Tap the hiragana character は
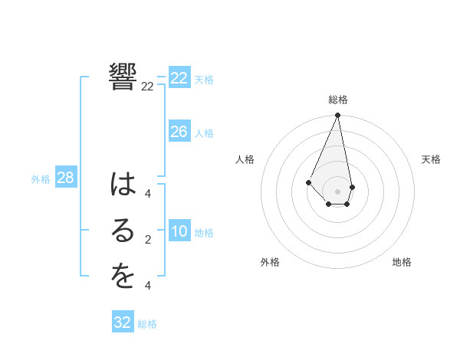[123, 185]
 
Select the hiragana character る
[123, 232]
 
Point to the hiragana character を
[123, 277]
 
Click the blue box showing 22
[179, 78]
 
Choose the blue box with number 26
[179, 132]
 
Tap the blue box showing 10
[179, 231]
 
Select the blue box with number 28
[65, 178]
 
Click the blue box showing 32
[123, 322]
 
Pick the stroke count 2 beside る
[147, 240]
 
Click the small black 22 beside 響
[147, 87]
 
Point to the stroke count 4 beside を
[147, 286]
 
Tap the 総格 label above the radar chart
[338, 100]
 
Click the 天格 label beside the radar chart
[431, 159]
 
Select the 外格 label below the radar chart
[270, 262]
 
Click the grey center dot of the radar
[338, 191]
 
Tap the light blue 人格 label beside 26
[204, 133]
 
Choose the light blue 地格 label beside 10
[204, 233]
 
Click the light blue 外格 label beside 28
[41, 179]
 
